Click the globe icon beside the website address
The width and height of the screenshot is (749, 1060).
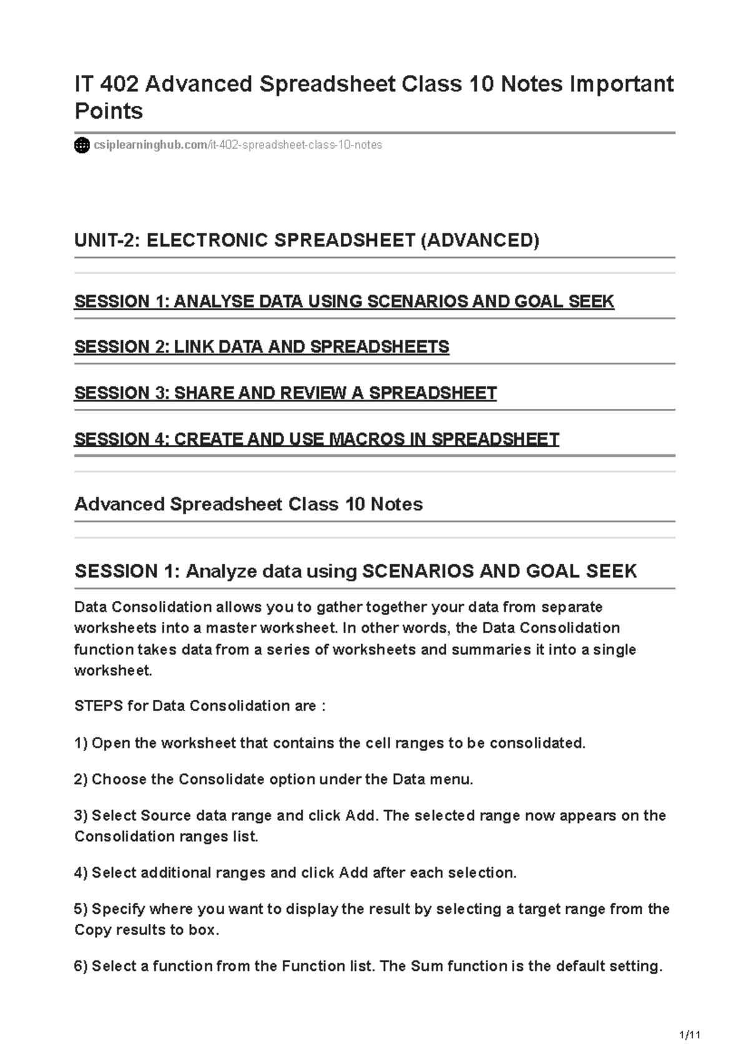point(82,145)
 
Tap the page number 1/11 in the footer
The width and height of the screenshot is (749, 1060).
point(690,1036)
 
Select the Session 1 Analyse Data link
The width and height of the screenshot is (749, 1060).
point(344,302)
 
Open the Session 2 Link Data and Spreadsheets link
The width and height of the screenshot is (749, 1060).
point(262,347)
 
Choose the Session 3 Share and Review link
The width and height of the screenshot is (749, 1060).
point(285,393)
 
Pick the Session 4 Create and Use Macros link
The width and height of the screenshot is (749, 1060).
point(316,439)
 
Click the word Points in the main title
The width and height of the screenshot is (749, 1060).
point(109,111)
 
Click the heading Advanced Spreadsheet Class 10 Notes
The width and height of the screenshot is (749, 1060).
point(248,504)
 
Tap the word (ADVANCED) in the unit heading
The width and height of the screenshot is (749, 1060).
point(479,240)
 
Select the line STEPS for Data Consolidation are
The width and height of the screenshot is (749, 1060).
point(200,706)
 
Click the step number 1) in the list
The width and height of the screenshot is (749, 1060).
point(81,743)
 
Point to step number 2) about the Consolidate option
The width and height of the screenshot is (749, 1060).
point(81,780)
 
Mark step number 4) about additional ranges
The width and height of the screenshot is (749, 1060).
point(81,873)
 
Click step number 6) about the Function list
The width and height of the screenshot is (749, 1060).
point(81,966)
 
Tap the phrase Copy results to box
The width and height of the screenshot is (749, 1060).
point(147,930)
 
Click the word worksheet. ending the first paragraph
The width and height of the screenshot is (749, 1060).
point(113,671)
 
